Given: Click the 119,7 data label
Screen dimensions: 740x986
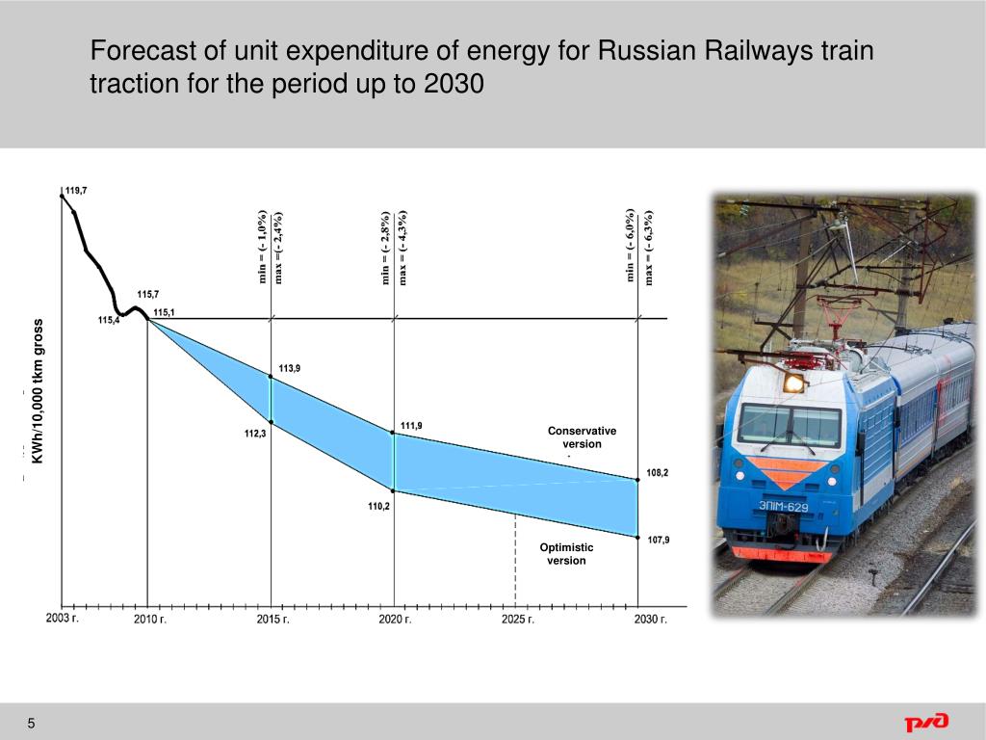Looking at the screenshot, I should coord(76,191).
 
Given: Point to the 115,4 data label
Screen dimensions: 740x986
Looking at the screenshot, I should coord(109,321).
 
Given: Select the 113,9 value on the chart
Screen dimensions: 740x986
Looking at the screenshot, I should coord(290,368).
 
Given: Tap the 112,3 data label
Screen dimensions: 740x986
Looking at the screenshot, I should coord(255,434).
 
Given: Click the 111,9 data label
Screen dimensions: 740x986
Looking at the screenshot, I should coord(410,425).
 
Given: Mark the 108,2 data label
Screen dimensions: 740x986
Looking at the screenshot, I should coord(658,473).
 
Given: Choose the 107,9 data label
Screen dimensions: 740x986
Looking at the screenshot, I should coord(659,540).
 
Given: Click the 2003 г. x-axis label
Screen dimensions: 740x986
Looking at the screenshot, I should coord(63,619).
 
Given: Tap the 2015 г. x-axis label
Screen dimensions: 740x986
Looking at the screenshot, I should coord(272,620).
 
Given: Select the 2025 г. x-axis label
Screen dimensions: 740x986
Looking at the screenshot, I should coord(517,620).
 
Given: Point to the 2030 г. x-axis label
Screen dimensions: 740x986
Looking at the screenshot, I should coord(650,620).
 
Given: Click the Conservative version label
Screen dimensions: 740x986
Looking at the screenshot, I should coord(582,437).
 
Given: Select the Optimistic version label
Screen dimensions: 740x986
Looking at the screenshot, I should coord(566,554).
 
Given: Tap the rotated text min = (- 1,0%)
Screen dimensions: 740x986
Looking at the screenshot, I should coord(261,247).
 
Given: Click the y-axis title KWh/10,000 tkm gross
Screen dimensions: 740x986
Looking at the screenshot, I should coord(39,390).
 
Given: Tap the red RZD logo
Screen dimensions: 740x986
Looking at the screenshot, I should coord(925,722).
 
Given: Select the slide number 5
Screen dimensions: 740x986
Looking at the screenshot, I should coord(31,724).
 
